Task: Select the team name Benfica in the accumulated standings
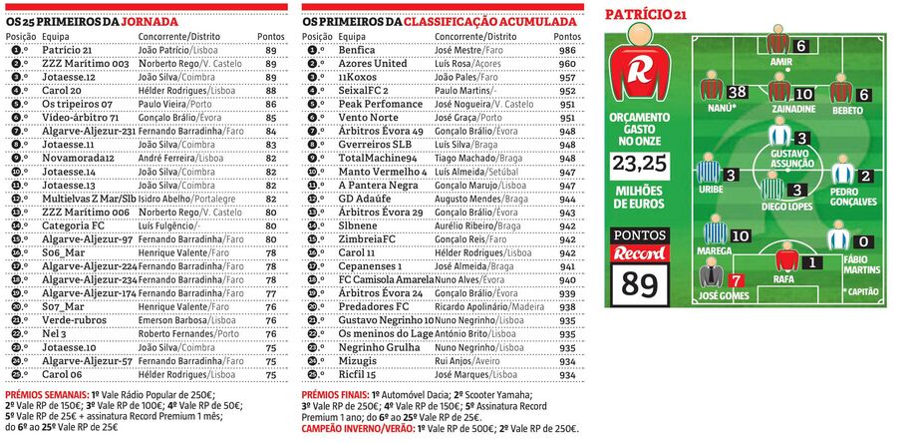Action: (x=357, y=50)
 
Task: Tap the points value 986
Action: (x=567, y=50)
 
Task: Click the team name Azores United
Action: (x=373, y=63)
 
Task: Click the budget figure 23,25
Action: (x=639, y=163)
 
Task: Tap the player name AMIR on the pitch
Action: (x=781, y=62)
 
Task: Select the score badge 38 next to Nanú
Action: (x=738, y=93)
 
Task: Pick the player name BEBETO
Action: (x=847, y=109)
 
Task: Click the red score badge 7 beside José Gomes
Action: (x=736, y=281)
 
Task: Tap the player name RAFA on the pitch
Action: (x=783, y=280)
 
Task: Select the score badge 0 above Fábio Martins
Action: (x=864, y=242)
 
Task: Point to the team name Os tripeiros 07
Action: (x=76, y=104)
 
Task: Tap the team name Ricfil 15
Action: (x=358, y=374)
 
